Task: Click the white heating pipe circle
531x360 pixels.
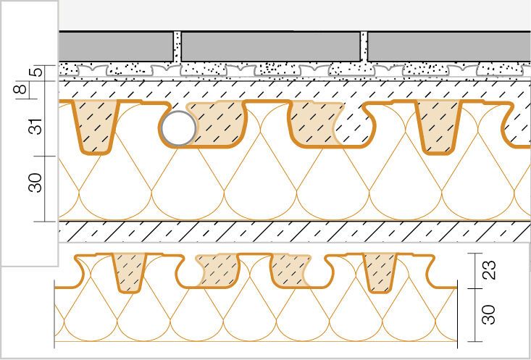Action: (178, 128)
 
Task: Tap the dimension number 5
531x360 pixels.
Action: (38, 72)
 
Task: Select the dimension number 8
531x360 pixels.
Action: (21, 89)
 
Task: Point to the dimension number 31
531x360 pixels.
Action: (36, 126)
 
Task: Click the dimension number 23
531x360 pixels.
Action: (490, 270)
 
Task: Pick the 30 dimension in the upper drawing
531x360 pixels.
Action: (36, 183)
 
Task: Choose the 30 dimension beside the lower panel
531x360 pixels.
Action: (490, 314)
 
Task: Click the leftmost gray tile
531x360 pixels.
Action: (116, 47)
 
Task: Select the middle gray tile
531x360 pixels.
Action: (271, 47)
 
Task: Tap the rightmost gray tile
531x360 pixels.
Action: (449, 47)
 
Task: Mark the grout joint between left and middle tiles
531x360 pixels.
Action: (177, 47)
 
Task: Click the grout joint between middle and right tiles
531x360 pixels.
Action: (364, 47)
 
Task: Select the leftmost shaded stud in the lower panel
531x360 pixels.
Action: (130, 273)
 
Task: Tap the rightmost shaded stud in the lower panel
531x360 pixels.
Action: (380, 272)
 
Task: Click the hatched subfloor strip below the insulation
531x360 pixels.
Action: (295, 232)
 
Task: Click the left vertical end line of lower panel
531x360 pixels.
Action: (54, 314)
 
